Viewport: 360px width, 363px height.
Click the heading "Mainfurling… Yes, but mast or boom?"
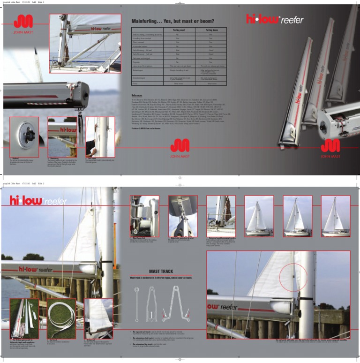click(173, 22)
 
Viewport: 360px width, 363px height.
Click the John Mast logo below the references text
click(180, 147)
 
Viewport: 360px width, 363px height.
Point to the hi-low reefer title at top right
click(275, 20)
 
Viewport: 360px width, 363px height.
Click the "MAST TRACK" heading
click(161, 271)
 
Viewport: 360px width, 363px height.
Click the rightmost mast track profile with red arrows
click(175, 304)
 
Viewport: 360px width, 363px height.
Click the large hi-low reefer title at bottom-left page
click(38, 201)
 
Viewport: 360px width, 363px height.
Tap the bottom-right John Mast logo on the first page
click(330, 148)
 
